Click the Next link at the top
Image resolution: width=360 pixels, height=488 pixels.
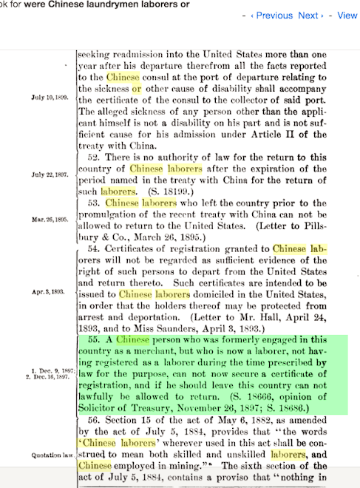click(308, 16)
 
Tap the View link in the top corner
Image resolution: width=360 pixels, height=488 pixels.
click(347, 16)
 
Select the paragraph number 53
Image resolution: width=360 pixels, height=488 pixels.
click(94, 202)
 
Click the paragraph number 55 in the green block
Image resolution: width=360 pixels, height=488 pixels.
click(94, 339)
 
